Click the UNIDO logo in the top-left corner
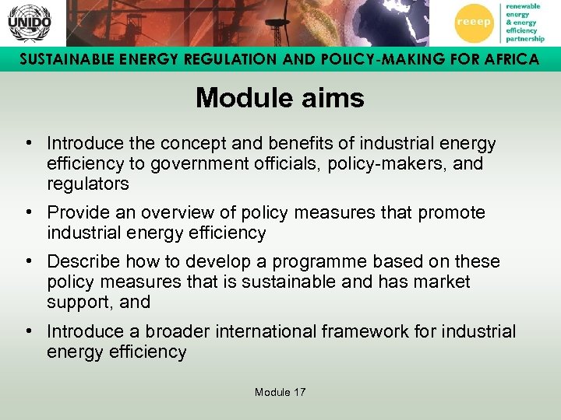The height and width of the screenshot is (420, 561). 29,23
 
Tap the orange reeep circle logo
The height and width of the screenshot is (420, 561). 474,23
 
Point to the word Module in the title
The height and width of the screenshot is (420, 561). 238,98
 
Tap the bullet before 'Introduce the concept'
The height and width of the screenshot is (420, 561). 27,144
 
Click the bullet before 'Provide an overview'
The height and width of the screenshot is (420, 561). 27,212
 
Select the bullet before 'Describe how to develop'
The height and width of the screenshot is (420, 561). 27,261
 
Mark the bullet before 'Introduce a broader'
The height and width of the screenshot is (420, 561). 27,331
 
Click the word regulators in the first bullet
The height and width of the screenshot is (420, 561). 87,184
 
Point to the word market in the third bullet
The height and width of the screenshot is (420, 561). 442,282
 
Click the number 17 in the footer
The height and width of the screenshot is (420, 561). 298,392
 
